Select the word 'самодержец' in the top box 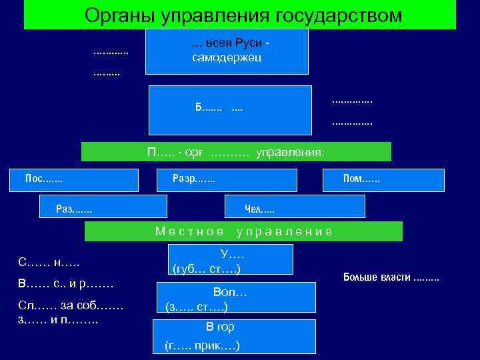(x=227, y=57)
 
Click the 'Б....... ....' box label (x=219, y=107)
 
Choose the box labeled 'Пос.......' (x=75, y=179)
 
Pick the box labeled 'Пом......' (x=383, y=179)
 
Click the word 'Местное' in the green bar (x=190, y=231)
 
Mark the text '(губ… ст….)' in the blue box (x=206, y=269)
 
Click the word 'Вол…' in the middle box (x=230, y=292)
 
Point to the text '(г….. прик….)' (x=202, y=345)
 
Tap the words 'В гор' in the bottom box (x=220, y=327)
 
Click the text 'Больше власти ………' (x=391, y=277)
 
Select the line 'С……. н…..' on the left (x=51, y=262)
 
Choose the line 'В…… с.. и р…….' (x=66, y=285)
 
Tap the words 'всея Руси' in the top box (x=233, y=43)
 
